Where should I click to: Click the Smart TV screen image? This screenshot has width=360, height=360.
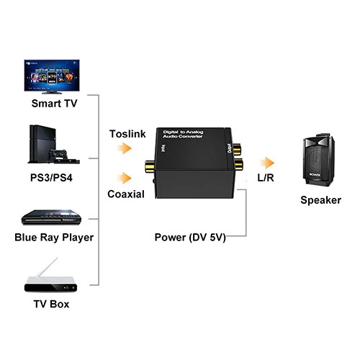point(54,76)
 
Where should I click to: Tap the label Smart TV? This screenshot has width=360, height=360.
point(54,103)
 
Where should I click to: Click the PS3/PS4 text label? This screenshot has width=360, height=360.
point(54,176)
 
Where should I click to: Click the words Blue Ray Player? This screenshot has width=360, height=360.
point(54,237)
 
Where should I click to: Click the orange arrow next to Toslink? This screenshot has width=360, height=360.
point(125,148)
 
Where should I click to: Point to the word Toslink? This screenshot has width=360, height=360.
point(127,134)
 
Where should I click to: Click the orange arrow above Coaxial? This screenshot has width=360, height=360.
point(125,178)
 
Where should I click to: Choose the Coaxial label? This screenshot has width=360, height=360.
point(126,194)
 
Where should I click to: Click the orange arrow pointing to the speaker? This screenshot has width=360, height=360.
point(267,163)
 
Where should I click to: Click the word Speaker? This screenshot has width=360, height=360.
point(320,199)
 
